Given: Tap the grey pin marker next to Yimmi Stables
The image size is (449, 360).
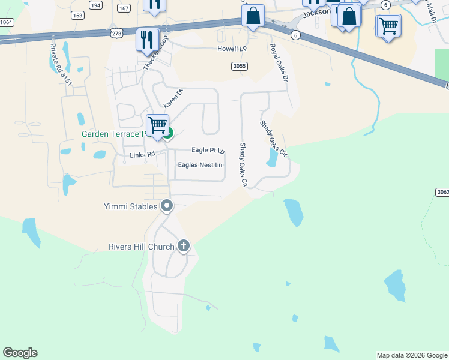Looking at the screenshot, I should click(x=167, y=206).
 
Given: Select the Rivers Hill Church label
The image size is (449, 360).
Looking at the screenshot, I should click(x=141, y=247).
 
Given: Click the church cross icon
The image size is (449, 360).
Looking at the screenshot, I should click(x=184, y=246).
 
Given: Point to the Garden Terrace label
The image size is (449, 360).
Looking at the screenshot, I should click(x=114, y=134).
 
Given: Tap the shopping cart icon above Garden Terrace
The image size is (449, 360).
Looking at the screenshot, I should click(x=157, y=125).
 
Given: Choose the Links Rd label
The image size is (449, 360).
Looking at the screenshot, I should click(x=143, y=155).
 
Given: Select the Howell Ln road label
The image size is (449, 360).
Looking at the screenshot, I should click(x=232, y=48).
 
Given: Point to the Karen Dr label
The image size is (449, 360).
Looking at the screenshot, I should click(x=173, y=99).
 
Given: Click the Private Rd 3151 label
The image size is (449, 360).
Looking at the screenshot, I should click(x=61, y=64).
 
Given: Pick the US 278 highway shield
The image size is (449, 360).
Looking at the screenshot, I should click(x=116, y=35).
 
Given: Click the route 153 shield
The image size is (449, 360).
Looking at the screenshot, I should click(x=77, y=16).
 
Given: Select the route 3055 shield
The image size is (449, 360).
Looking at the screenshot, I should click(x=240, y=66).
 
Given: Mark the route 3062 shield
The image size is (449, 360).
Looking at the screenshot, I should click(x=441, y=192).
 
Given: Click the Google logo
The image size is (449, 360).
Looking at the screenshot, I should click(x=20, y=353).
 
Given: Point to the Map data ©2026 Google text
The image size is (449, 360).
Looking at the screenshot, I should click(x=412, y=355).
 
